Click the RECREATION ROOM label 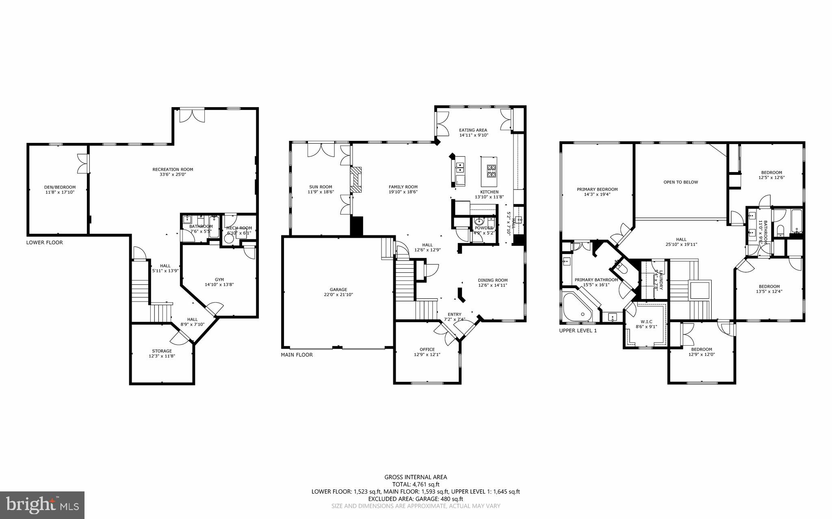(173, 169)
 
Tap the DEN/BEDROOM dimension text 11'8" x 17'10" (60, 192)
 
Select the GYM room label (219, 279)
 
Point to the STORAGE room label (162, 351)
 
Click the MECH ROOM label (239, 228)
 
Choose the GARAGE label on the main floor (338, 289)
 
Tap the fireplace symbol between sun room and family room (356, 179)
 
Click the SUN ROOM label (321, 187)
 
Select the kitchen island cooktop (491, 171)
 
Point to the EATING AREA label (473, 130)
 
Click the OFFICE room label (427, 349)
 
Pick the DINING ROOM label (492, 280)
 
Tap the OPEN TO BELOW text (680, 182)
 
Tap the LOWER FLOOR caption (45, 242)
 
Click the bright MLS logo (42, 505)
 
